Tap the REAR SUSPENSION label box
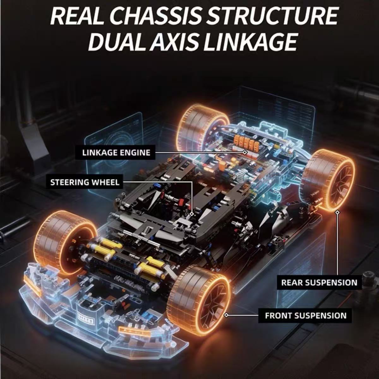319,282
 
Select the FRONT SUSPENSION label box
306,316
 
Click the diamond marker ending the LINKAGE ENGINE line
245,152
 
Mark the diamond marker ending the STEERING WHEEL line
192,214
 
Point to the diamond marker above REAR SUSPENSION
338,212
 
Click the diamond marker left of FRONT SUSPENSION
226,315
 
